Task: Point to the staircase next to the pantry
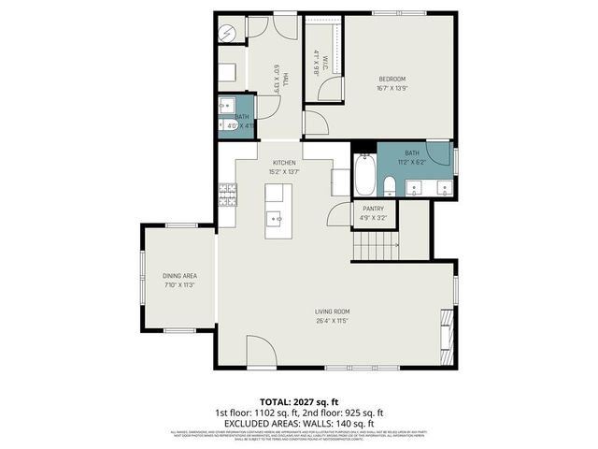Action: [x=377, y=247]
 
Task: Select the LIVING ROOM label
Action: [x=332, y=311]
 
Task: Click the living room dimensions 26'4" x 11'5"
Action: [x=332, y=321]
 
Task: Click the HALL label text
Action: [x=285, y=82]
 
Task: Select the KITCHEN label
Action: [x=284, y=162]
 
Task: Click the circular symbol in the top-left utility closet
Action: [x=228, y=32]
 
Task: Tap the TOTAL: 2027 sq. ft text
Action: [x=298, y=400]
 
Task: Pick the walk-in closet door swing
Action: [x=323, y=92]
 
